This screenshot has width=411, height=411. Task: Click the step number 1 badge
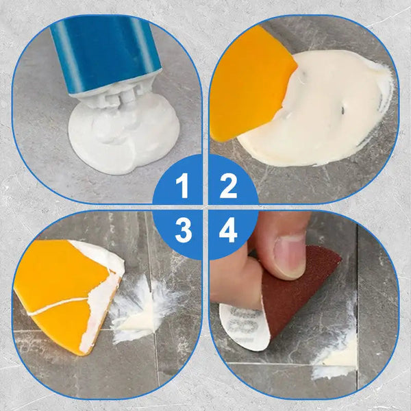[182, 185]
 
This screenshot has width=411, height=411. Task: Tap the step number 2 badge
[228, 185]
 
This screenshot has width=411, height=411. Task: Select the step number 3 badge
[182, 230]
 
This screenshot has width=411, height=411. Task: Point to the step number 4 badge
[228, 230]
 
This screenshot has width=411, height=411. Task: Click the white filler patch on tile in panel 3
[140, 312]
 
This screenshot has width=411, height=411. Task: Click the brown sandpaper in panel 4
[301, 288]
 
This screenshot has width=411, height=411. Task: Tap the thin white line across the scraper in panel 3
[62, 306]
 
